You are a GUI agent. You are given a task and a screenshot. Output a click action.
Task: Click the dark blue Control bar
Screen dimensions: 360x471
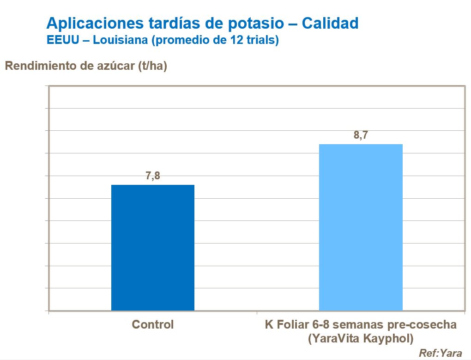[x=153, y=247]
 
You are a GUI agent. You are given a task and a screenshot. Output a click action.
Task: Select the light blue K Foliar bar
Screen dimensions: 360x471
[x=361, y=227]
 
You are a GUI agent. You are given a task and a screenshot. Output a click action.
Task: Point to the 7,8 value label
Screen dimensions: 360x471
[x=153, y=176]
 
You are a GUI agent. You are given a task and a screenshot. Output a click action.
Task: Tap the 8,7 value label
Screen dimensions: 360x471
[x=361, y=135]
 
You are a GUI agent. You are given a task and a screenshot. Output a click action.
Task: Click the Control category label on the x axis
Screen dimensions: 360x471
[x=153, y=324]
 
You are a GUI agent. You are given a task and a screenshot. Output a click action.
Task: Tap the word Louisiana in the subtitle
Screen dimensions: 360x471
[x=121, y=40]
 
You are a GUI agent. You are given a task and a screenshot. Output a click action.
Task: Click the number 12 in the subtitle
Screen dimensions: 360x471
[x=235, y=40]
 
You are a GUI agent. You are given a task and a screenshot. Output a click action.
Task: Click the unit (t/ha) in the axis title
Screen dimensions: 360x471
[x=153, y=66]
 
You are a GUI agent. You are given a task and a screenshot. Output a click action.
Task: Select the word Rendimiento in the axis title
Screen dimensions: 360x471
[x=41, y=66]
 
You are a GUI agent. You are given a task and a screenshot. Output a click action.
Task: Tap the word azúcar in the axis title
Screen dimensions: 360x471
[x=113, y=66]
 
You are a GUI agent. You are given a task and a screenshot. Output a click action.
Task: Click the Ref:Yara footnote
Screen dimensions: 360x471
[x=441, y=353]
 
